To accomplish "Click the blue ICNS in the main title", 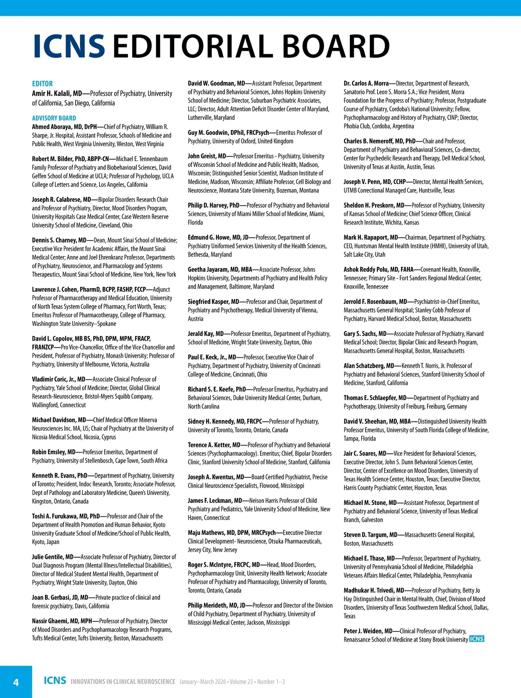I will tap(69, 46).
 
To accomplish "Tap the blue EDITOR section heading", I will tap(42, 83).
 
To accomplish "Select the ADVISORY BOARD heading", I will tap(54, 118).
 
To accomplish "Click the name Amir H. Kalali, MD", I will tap(57, 93).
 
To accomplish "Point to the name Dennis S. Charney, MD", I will tap(59, 240).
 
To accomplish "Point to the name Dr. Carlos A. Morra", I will tap(366, 83).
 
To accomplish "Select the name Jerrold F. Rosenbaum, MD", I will tap(375, 302).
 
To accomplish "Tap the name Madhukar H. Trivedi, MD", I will tap(374, 590).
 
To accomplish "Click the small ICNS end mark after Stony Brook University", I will tap(477, 639).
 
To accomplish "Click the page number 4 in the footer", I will tap(16, 682).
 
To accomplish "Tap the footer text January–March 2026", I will tap(202, 681).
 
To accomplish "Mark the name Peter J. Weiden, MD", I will tap(368, 631).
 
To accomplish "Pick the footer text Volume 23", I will tap(241, 681).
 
